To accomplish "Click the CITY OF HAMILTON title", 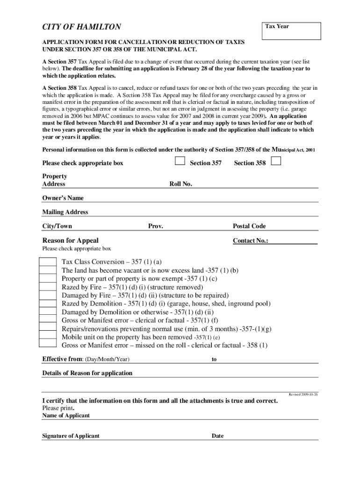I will tap(82, 27).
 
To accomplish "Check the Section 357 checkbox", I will tap(180, 161).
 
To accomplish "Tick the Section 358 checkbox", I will tap(276, 161).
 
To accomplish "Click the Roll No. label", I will tap(181, 184).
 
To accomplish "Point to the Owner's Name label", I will tap(63, 198).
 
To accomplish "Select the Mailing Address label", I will tap(65, 212).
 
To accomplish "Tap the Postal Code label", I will tap(249, 226).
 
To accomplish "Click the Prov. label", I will tap(156, 226).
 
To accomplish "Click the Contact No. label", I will tap(251, 241).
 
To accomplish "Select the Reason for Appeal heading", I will tap(71, 241).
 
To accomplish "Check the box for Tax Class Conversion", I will tap(48, 261).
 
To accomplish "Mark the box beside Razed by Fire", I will tap(48, 287).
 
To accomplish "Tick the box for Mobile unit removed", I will tap(48, 337).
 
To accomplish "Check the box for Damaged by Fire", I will tap(48, 295).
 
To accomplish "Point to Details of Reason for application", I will tap(87, 373).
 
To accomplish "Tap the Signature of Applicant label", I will tap(71, 436).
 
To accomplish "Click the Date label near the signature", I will tap(217, 436).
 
